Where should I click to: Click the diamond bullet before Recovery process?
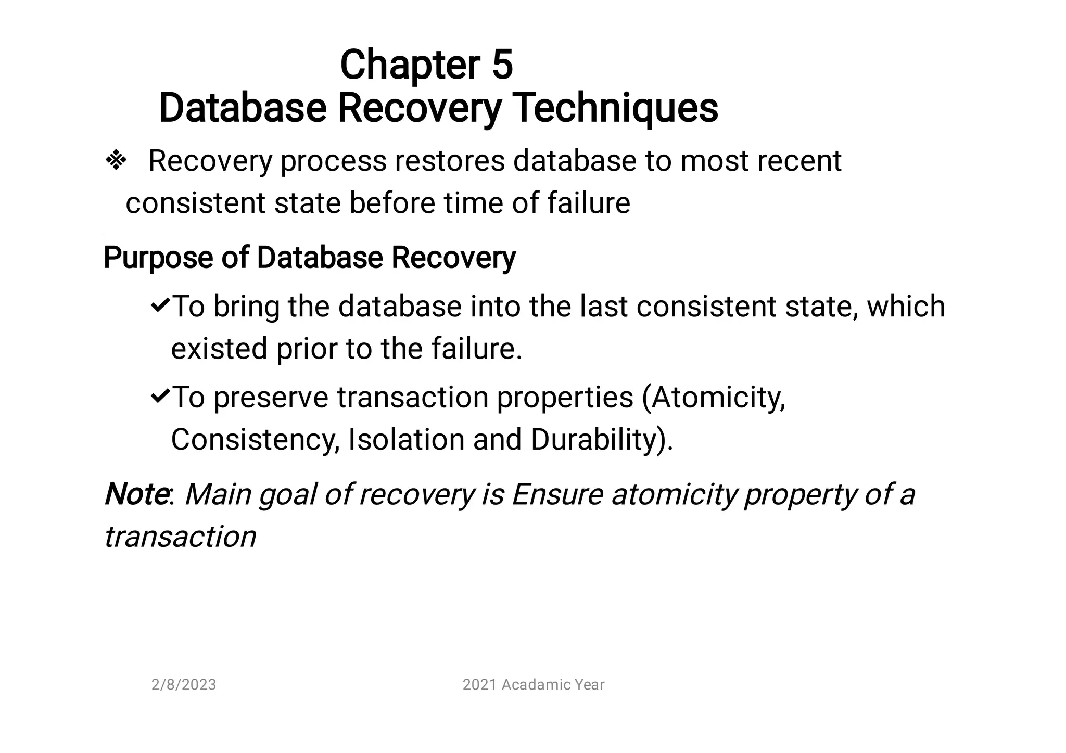coord(116,161)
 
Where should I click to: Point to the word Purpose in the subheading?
coord(158,258)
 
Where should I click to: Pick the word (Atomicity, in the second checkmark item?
coord(713,398)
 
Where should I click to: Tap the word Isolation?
coord(406,439)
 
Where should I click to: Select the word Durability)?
coord(602,439)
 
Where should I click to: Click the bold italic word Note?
coord(135,494)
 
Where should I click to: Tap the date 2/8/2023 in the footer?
coord(183,684)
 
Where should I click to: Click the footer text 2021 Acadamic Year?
coord(533,684)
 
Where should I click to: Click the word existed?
coord(219,348)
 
